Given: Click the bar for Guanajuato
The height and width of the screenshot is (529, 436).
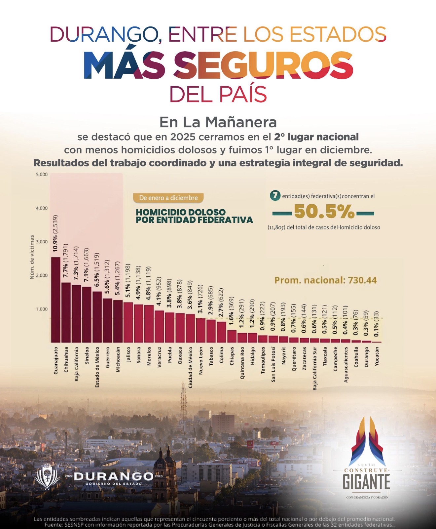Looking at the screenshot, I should coord(56,300).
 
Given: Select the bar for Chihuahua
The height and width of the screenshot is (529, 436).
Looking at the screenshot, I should coord(66,312).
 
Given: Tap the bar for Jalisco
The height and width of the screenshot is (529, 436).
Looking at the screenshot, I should coord(128,322).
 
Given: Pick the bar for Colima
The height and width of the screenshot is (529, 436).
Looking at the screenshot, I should coord(221,332).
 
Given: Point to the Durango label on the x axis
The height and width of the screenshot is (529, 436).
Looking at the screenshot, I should coord(367,357).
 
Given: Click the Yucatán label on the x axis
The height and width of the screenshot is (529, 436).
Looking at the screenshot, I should coord(377,356).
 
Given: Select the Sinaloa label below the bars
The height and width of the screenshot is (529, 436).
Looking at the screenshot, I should coord(87,355).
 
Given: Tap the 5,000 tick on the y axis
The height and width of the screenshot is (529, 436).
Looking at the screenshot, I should coord(42,174).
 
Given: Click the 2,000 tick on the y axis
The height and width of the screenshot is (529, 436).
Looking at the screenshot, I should coord(42,275).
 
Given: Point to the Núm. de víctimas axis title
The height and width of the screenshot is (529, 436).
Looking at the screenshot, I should coord(32,257).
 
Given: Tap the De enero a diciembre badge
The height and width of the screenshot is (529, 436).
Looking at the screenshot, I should coord(168,198).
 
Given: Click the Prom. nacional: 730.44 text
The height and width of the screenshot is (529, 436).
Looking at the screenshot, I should coord(326,280).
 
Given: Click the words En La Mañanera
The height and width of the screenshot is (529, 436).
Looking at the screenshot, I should coord(218,122).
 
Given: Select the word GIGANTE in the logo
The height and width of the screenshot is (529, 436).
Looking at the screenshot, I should coord(366,482).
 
